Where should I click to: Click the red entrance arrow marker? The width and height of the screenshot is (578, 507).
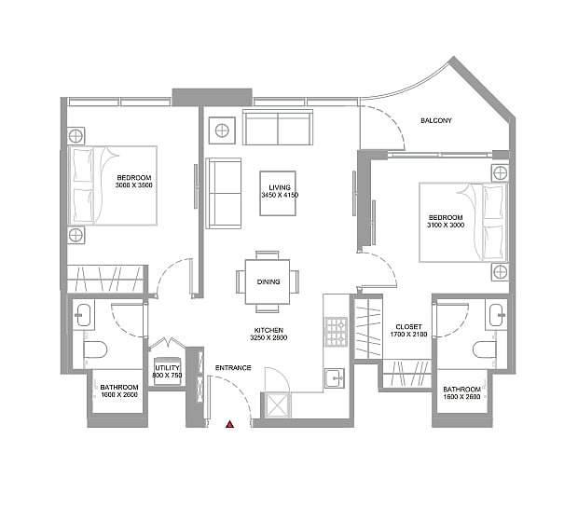pos(230,424)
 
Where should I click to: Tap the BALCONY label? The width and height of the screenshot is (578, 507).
pos(436,120)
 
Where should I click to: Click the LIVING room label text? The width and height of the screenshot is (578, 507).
pos(280,187)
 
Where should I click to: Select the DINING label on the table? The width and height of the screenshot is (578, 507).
pos(268,281)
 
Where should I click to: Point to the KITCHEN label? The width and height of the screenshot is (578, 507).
pos(268,330)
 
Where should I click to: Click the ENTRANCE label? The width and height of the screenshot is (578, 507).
pos(233,368)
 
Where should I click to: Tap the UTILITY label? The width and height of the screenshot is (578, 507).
pos(167,368)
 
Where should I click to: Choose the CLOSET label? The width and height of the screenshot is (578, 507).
pos(408,327)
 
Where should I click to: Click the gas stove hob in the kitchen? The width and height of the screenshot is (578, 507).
pos(336,332)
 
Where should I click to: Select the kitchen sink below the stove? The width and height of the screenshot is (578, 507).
pos(335,378)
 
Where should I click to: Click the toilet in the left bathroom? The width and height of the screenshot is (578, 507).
pos(95,349)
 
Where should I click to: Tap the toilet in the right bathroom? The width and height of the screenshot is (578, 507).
pos(485,349)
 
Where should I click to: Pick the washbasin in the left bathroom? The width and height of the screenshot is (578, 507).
pos(83,315)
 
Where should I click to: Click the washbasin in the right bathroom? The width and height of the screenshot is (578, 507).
pos(497,315)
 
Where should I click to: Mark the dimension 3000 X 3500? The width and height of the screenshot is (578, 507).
pos(134,185)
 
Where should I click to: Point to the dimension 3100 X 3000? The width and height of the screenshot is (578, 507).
pos(446,226)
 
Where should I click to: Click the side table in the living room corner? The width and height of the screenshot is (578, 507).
pos(222,130)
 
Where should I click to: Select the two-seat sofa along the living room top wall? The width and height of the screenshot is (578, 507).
pos(278,127)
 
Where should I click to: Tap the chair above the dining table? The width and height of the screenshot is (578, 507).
pos(268,255)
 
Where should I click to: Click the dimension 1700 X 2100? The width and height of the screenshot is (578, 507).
pos(409,335)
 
